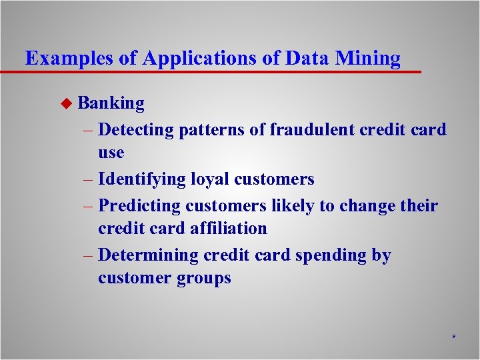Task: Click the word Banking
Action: (111, 103)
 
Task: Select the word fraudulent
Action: (314, 129)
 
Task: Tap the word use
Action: (111, 153)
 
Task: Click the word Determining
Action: (148, 255)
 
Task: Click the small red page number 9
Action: (453, 338)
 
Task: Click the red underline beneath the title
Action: (213, 71)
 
